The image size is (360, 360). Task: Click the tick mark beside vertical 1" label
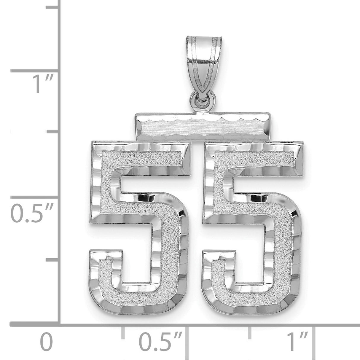coord(34,71)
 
